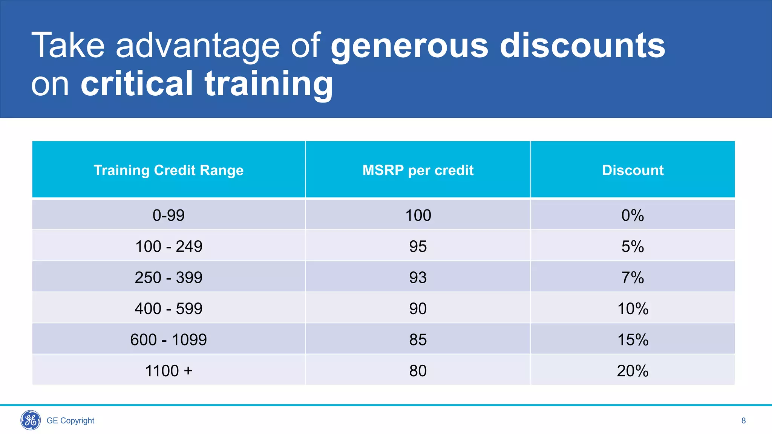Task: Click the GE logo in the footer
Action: click(x=31, y=420)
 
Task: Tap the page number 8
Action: click(x=743, y=420)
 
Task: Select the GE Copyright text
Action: click(x=70, y=420)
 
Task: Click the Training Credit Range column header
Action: click(x=168, y=170)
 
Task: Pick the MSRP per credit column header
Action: click(x=418, y=170)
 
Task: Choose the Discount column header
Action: click(x=633, y=170)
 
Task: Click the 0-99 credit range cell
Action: click(x=168, y=215)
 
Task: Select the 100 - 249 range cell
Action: click(x=168, y=246)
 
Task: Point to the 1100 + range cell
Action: click(x=168, y=371)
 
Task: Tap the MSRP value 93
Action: click(x=418, y=278)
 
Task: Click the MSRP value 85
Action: click(x=418, y=340)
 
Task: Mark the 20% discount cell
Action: click(x=633, y=371)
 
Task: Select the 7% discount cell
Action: click(x=633, y=278)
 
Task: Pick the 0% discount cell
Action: click(x=633, y=215)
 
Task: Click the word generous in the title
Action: click(x=409, y=46)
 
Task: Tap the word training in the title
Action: click(x=269, y=84)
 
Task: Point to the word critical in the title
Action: click(x=137, y=84)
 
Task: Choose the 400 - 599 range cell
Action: click(x=168, y=309)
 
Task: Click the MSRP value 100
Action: click(x=418, y=215)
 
